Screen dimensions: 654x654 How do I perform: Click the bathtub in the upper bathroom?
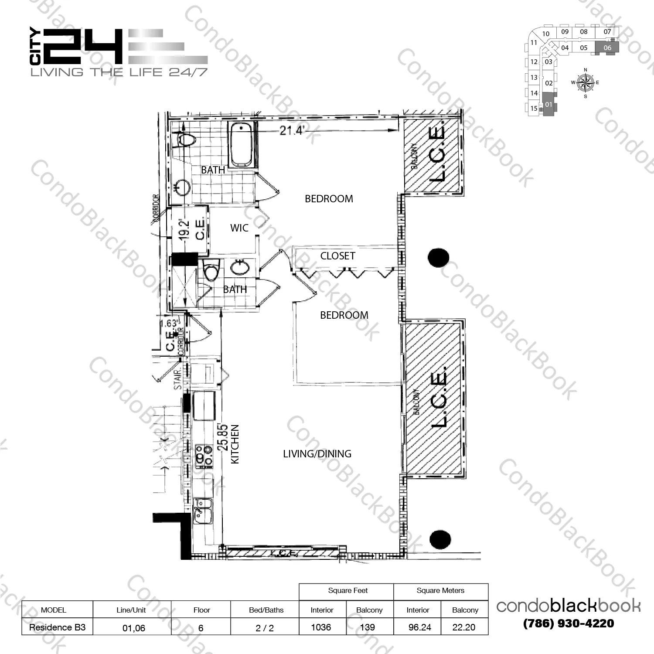[241, 145]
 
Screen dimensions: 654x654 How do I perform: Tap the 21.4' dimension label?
[292, 130]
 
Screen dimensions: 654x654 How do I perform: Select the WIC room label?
[239, 228]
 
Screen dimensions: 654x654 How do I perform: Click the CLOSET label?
[337, 256]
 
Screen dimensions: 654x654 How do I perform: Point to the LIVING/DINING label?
[317, 454]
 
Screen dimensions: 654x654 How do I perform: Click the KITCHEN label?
[235, 444]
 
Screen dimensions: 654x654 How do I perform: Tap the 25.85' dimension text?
[223, 437]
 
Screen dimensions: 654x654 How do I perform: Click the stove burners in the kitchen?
[203, 454]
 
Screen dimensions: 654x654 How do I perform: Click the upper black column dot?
[438, 258]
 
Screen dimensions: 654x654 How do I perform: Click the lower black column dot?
[440, 540]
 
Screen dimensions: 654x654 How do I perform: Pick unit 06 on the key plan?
[607, 48]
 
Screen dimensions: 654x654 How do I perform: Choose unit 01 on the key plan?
[548, 105]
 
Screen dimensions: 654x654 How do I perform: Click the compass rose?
[585, 82]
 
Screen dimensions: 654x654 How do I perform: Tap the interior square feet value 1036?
[321, 627]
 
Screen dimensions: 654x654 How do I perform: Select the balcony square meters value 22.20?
[464, 627]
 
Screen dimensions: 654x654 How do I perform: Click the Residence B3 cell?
[57, 627]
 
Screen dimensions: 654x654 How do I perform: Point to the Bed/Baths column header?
[266, 610]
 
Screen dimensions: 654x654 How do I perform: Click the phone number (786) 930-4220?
[569, 623]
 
